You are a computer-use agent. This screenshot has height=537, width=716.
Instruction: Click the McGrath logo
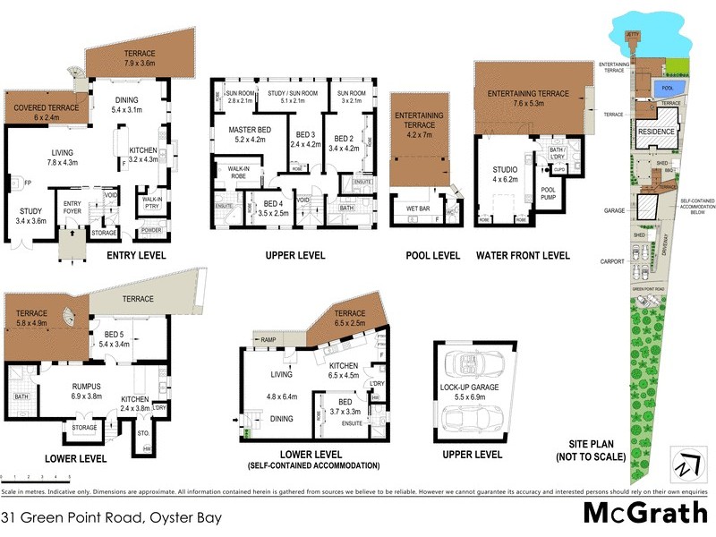tap(642, 513)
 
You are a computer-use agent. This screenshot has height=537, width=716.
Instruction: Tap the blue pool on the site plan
tap(666, 89)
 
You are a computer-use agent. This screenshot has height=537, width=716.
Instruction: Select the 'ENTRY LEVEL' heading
tap(136, 255)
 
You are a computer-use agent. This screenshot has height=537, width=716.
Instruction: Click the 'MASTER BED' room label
tap(237, 134)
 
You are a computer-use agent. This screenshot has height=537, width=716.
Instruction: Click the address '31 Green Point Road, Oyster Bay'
tap(111, 517)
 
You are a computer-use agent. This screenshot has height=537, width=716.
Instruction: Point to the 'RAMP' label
tap(268, 339)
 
